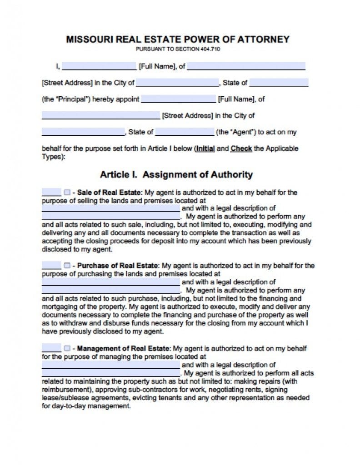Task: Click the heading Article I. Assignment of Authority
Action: click(176, 174)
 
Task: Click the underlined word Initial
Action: click(205, 148)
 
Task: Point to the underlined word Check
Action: click(241, 148)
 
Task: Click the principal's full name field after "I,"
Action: click(99, 66)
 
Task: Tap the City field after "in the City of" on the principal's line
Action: click(177, 83)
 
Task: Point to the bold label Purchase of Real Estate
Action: click(117, 265)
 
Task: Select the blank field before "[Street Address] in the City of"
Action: click(100, 115)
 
